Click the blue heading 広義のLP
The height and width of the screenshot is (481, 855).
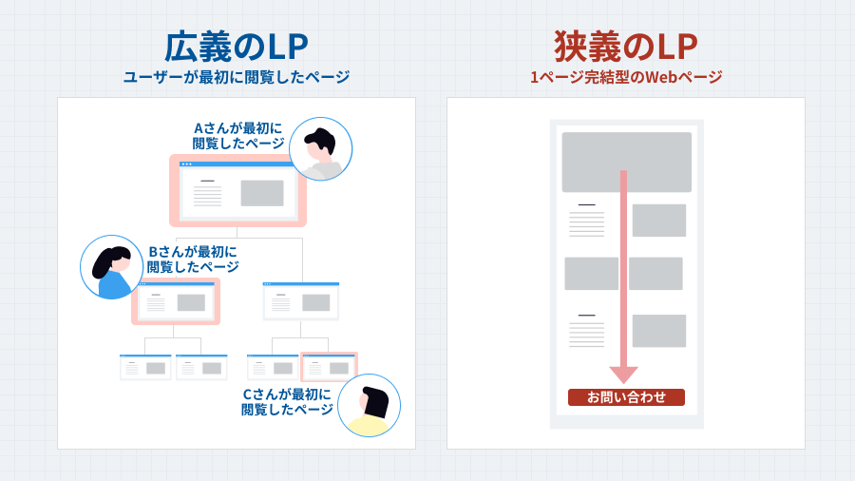[x=237, y=47]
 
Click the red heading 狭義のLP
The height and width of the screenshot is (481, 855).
[x=626, y=47]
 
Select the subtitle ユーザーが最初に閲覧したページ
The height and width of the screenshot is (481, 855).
[x=237, y=78]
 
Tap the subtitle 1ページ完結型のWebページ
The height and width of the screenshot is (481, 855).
[x=626, y=78]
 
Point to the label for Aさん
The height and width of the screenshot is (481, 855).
[x=238, y=135]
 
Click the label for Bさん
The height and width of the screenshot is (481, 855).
[x=192, y=260]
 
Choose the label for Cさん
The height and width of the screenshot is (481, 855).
[x=287, y=401]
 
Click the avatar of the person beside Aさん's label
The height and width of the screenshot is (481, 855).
[x=321, y=149]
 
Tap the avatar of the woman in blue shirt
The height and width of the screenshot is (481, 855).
[x=112, y=267]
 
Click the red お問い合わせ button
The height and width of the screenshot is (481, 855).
[x=626, y=397]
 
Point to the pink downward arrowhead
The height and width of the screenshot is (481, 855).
[x=623, y=375]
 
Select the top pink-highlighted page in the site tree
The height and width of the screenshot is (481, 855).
[x=237, y=191]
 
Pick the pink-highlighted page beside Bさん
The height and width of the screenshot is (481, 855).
[x=177, y=301]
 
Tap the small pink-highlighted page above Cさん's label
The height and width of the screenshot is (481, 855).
[x=329, y=367]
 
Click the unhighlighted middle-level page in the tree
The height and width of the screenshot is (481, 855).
[x=301, y=301]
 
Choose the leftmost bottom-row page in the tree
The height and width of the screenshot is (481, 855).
[x=145, y=367]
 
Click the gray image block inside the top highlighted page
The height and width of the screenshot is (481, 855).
[x=262, y=193]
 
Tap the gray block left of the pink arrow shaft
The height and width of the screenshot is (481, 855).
[x=591, y=274]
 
